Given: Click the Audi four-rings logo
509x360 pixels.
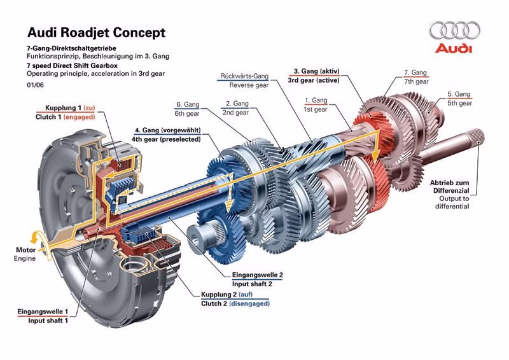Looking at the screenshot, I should [x=454, y=31].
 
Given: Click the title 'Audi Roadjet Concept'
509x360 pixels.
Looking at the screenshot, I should [x=96, y=32].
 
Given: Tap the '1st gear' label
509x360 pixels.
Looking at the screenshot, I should [x=316, y=109].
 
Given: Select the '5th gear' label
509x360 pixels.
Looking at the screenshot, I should [x=459, y=102].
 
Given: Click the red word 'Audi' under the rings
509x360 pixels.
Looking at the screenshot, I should [x=453, y=49].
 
